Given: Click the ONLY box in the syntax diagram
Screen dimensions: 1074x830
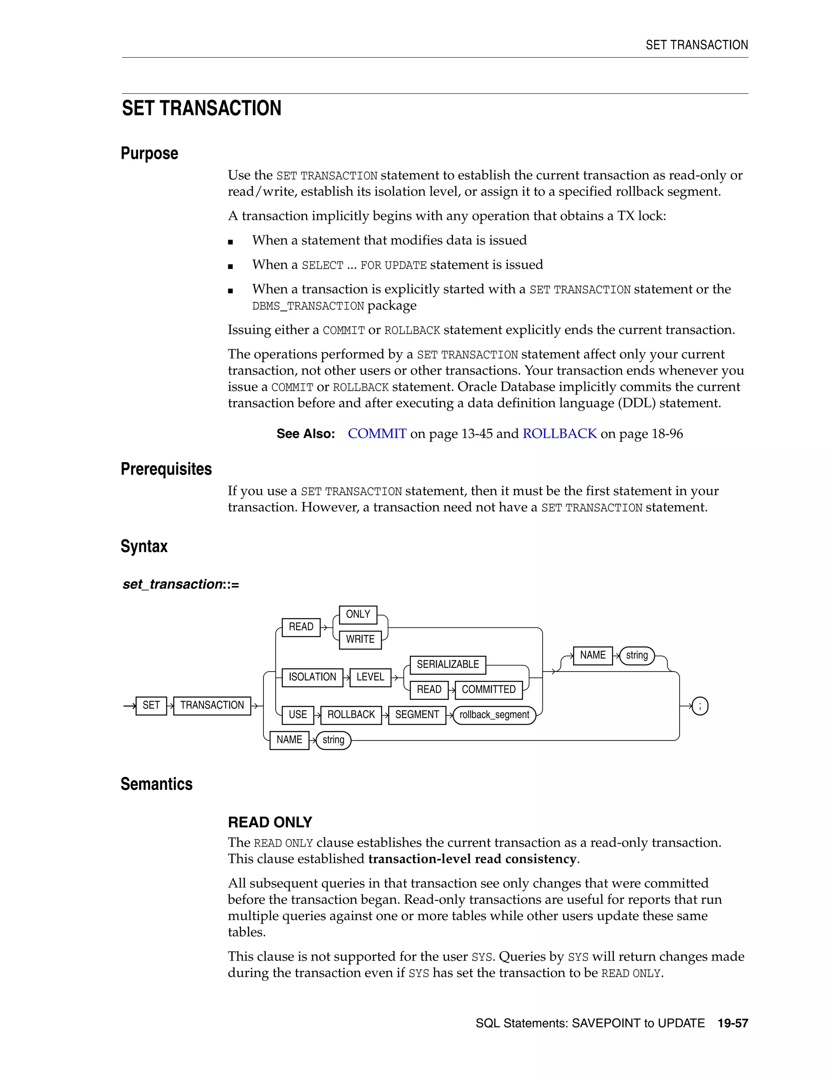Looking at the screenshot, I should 358,614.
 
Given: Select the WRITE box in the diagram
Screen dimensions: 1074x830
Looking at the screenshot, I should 360,639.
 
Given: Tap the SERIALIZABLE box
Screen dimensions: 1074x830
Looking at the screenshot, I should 447,664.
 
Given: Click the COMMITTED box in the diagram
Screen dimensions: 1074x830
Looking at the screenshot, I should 488,689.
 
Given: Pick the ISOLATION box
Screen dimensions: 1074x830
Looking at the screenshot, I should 312,677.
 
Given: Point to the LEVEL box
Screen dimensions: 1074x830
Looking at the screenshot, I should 370,677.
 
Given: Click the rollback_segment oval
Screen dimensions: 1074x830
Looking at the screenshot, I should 494,715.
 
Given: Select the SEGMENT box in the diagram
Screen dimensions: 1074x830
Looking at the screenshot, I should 417,715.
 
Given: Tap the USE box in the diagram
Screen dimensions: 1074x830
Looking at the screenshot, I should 297,715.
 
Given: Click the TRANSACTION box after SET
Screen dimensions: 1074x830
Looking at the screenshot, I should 212,705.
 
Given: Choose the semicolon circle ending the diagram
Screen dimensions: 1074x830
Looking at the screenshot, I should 700,706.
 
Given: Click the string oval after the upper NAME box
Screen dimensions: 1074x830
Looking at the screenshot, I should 637,655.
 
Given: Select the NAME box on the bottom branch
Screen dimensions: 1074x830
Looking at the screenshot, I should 289,740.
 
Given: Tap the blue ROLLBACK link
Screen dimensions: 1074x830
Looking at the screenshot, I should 560,434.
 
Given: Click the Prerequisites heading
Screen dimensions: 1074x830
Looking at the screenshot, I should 166,469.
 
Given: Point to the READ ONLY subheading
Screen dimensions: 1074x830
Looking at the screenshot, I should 270,822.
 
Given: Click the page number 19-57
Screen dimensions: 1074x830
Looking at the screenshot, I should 733,1023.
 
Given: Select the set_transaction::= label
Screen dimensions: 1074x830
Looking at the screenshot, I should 180,584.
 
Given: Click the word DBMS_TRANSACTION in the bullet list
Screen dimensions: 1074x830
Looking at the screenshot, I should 308,306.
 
